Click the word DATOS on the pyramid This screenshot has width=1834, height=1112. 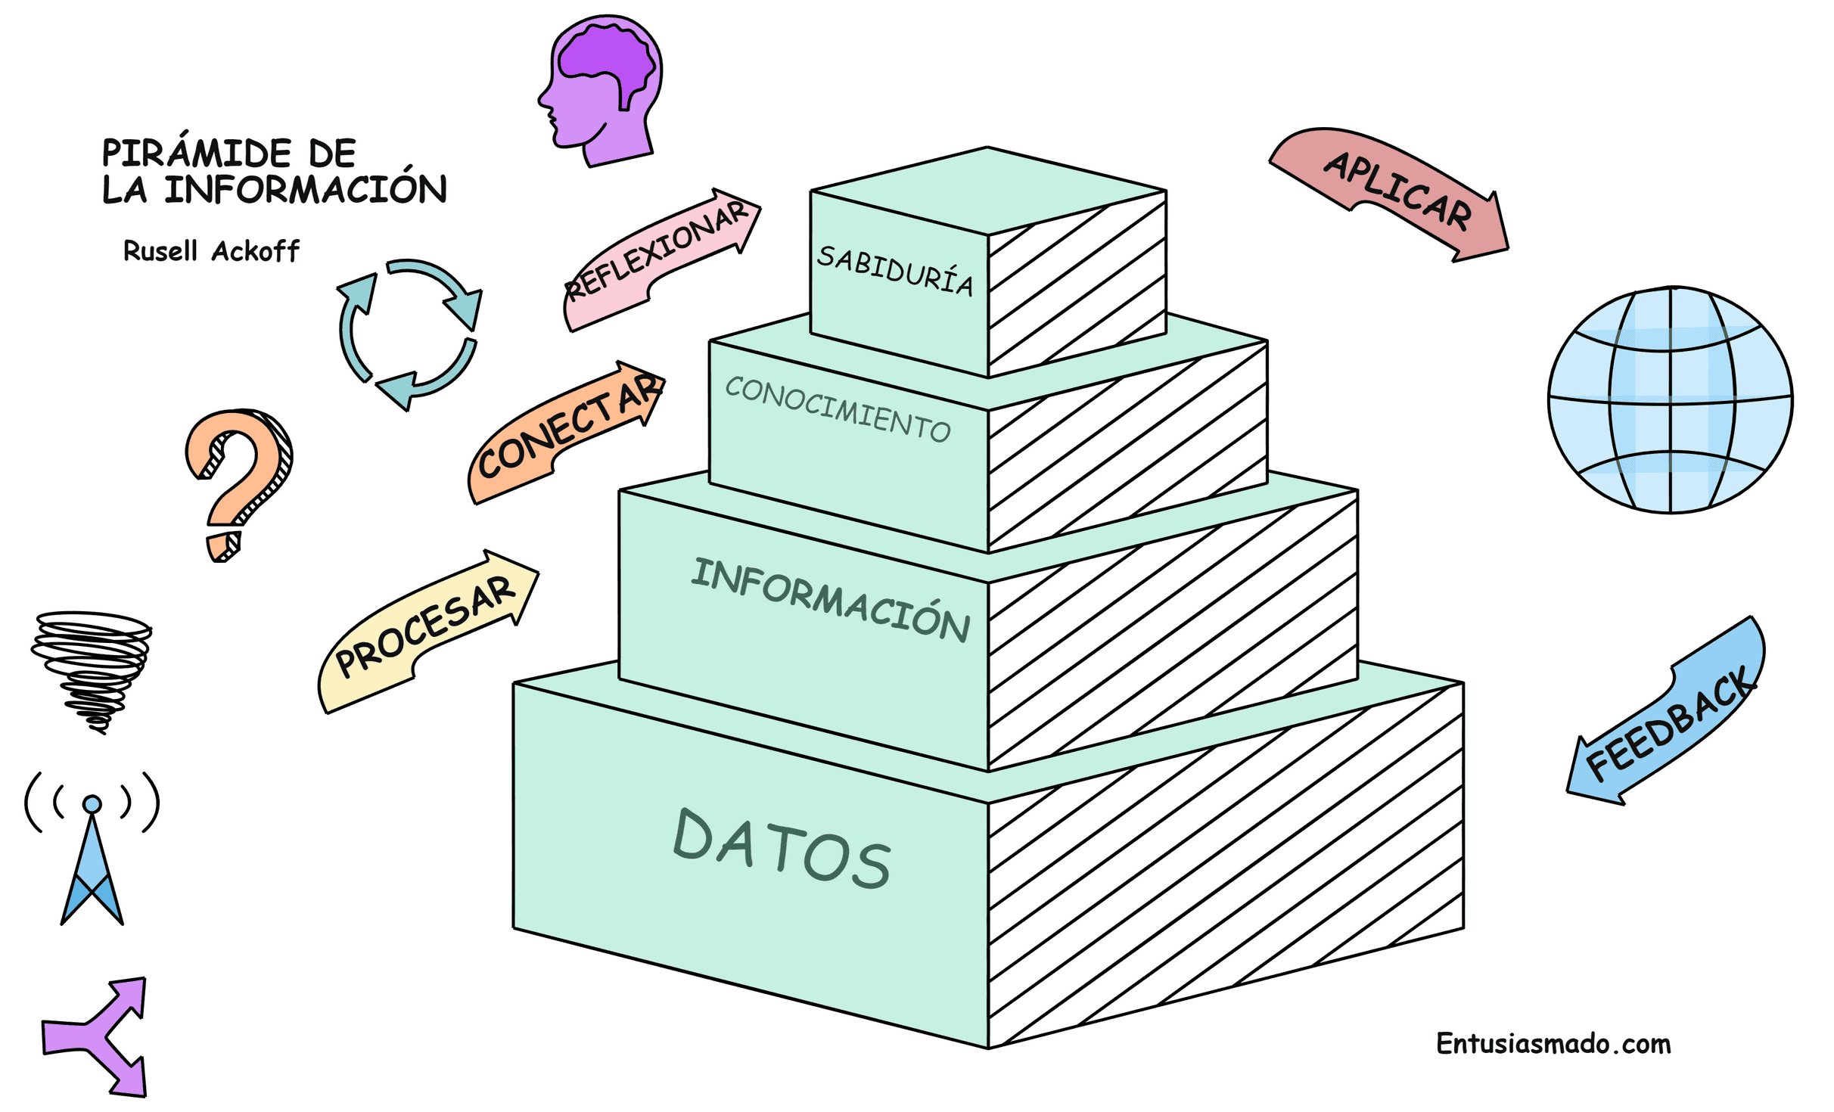click(x=782, y=849)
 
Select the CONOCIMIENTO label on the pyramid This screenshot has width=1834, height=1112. click(x=838, y=409)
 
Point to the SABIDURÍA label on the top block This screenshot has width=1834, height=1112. click(x=895, y=270)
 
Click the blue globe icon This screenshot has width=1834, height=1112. click(x=1670, y=399)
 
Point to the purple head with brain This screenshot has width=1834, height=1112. click(x=601, y=87)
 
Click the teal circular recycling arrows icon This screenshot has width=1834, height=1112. click(x=409, y=334)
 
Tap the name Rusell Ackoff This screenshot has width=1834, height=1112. click(x=211, y=251)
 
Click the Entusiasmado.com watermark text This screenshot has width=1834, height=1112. click(x=1553, y=1044)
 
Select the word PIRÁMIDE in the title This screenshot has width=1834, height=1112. click(x=196, y=153)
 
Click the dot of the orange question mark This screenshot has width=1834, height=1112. click(x=224, y=546)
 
